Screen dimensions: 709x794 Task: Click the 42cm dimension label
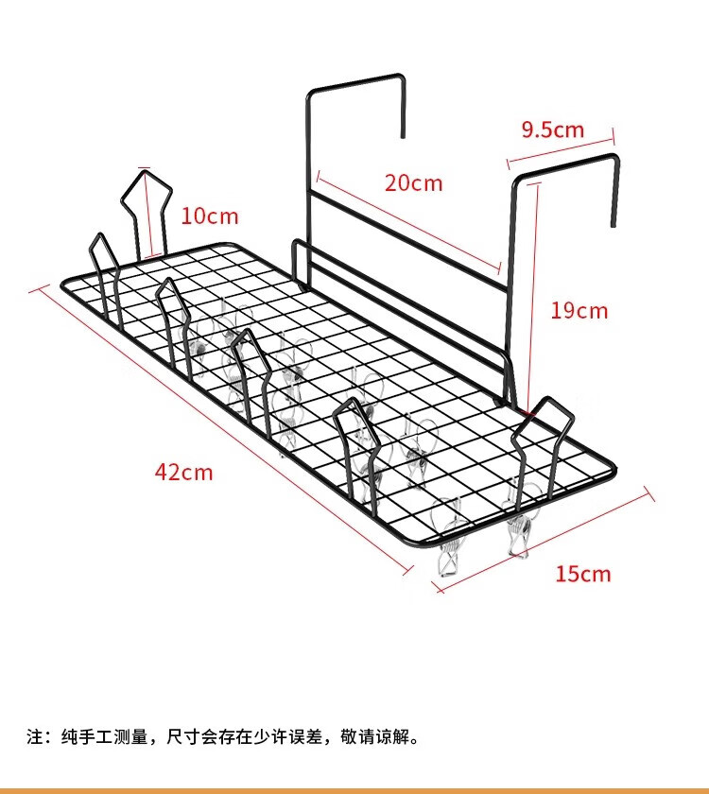point(183,473)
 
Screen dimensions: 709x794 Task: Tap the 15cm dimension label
point(583,575)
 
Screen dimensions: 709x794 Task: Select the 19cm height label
point(579,310)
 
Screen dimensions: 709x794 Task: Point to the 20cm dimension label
point(414,182)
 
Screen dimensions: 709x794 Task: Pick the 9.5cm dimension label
point(553,129)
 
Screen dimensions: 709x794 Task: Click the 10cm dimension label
point(210,216)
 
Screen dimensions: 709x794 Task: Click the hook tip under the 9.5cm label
point(614,225)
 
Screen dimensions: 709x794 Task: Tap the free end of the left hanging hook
point(403,136)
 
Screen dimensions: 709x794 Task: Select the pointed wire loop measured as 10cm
point(147,213)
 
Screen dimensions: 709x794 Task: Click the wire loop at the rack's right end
point(543,445)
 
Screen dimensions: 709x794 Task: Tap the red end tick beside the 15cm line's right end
point(649,494)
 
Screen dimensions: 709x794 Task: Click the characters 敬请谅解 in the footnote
point(374,736)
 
